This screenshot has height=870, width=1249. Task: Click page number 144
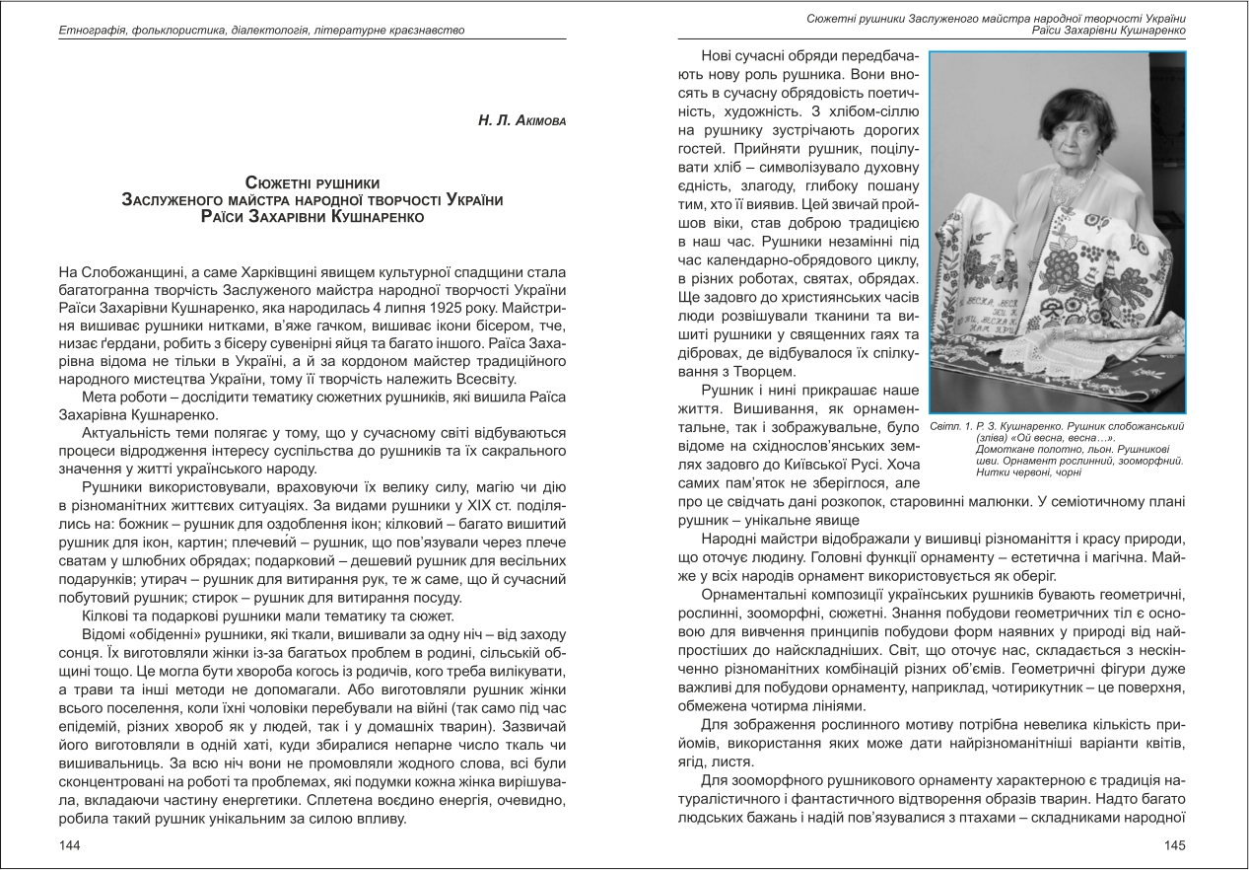69,845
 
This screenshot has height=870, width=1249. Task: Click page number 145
1174,845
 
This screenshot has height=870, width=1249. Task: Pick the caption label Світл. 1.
950,426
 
